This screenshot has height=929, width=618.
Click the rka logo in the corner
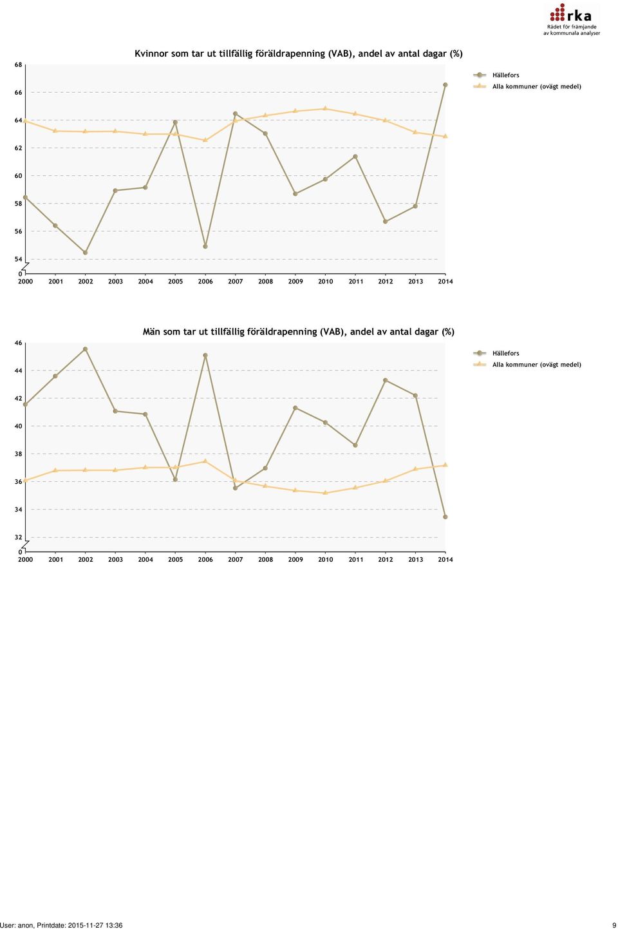(x=571, y=19)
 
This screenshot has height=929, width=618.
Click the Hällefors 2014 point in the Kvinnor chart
(x=445, y=84)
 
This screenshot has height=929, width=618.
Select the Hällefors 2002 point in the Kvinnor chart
(x=86, y=253)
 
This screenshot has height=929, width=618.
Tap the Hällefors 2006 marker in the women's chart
(x=205, y=246)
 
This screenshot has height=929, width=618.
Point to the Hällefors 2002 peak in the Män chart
(x=86, y=349)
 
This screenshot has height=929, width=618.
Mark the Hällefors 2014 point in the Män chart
(x=445, y=517)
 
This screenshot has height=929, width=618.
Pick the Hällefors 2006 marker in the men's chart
(x=205, y=356)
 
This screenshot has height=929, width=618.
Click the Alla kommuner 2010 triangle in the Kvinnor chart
(x=325, y=108)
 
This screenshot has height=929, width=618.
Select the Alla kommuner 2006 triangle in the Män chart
(x=205, y=461)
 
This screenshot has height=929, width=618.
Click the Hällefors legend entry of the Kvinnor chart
(x=496, y=75)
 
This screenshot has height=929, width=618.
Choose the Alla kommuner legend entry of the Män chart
(x=527, y=365)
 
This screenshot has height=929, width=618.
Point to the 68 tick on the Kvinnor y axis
(x=18, y=64)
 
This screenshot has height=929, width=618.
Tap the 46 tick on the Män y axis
(x=18, y=343)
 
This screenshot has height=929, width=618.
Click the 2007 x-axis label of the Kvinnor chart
(x=235, y=281)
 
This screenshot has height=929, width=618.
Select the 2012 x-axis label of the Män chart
(x=386, y=559)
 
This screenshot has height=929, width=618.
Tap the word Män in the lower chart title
(x=151, y=332)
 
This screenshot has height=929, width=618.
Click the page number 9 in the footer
(x=614, y=925)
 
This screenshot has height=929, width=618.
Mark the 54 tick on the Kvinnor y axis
(x=18, y=259)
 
